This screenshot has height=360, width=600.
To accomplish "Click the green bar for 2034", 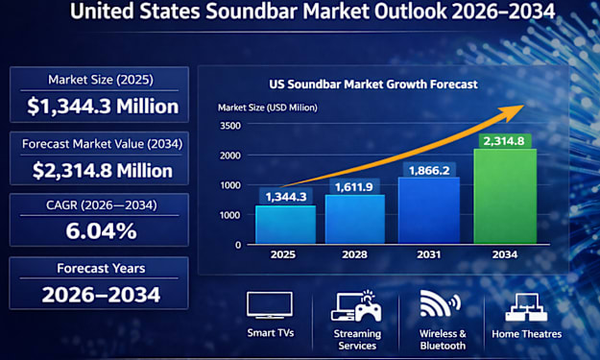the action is pyautogui.click(x=505, y=196).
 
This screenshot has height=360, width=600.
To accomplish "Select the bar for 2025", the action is pyautogui.click(x=285, y=225).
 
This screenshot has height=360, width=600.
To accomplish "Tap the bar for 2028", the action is pyautogui.click(x=354, y=219).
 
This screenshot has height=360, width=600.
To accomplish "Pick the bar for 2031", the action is pyautogui.click(x=429, y=210).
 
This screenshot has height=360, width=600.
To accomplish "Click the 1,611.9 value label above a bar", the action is pyautogui.click(x=354, y=186).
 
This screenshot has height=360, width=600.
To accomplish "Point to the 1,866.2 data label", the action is pyautogui.click(x=429, y=170).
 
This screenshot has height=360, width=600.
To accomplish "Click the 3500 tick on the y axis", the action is pyautogui.click(x=230, y=126).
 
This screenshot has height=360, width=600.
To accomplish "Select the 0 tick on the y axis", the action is pyautogui.click(x=238, y=245).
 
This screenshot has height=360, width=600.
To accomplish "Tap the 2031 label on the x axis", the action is pyautogui.click(x=428, y=254).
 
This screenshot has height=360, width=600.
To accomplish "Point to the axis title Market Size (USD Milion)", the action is pyautogui.click(x=268, y=108).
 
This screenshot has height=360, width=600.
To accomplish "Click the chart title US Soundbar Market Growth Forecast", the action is pyautogui.click(x=373, y=84).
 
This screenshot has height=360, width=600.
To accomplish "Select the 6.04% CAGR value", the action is pyautogui.click(x=101, y=231).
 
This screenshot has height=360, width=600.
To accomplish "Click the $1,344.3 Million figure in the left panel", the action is pyautogui.click(x=103, y=107).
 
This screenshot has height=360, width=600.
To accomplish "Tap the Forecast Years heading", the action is pyautogui.click(x=101, y=268).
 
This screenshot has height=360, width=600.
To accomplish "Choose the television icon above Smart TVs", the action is pyautogui.click(x=270, y=305).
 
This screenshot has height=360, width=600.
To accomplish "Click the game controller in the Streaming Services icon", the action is pyautogui.click(x=369, y=312).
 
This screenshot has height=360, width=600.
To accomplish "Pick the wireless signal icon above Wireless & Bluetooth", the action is pyautogui.click(x=440, y=303).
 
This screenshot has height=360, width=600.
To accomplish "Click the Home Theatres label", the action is pyautogui.click(x=526, y=334).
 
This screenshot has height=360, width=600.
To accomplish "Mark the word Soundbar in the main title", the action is pyautogui.click(x=252, y=12).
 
